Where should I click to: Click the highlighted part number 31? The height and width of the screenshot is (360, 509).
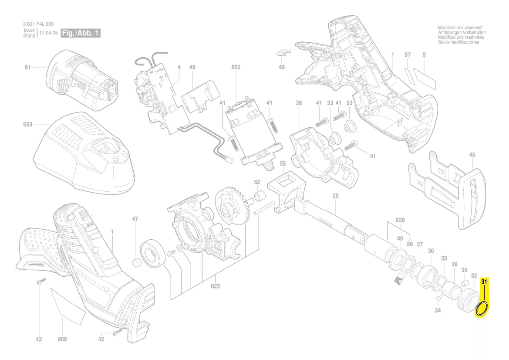(485, 282)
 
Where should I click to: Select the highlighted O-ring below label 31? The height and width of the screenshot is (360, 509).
(482, 309)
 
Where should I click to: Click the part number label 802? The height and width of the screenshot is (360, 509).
(236, 68)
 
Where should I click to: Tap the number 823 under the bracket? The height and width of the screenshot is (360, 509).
(215, 286)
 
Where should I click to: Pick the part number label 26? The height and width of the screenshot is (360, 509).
(299, 103)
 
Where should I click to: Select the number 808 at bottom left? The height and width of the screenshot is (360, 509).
(62, 339)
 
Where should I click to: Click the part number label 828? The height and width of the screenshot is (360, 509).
(400, 220)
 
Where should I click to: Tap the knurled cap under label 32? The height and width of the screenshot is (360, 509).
(469, 300)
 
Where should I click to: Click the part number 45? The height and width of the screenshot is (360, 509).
(472, 155)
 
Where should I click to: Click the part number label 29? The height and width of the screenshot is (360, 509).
(335, 196)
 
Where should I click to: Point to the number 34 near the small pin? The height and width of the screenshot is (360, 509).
(438, 310)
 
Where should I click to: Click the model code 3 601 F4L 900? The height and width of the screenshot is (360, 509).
(38, 24)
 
